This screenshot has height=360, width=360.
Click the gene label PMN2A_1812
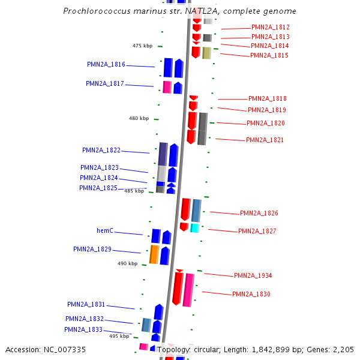pos(271,28)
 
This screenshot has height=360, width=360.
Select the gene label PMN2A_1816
pos(106,65)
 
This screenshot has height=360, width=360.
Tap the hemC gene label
pos(105,230)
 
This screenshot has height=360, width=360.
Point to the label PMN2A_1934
pos(253,276)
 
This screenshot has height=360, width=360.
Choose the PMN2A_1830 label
pos(251,295)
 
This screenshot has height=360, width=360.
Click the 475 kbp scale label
pos(143,46)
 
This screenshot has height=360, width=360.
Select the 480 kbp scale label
pos(139,119)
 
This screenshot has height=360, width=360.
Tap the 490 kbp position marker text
pos(127,263)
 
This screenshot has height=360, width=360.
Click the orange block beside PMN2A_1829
pos(154,254)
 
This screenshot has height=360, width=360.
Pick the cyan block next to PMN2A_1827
pos(194,228)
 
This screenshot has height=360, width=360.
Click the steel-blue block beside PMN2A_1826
pos(196,210)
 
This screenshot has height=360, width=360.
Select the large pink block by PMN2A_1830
pos(189,290)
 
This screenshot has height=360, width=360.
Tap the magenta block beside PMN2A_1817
pos(167,87)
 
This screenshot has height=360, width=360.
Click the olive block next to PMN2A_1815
pos(206,53)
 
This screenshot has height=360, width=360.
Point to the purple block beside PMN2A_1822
pos(163,154)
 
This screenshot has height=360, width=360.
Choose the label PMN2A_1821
pos(265,140)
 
